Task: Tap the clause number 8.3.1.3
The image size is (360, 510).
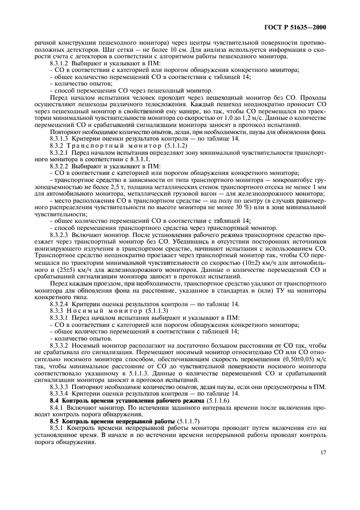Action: pos(60,138)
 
